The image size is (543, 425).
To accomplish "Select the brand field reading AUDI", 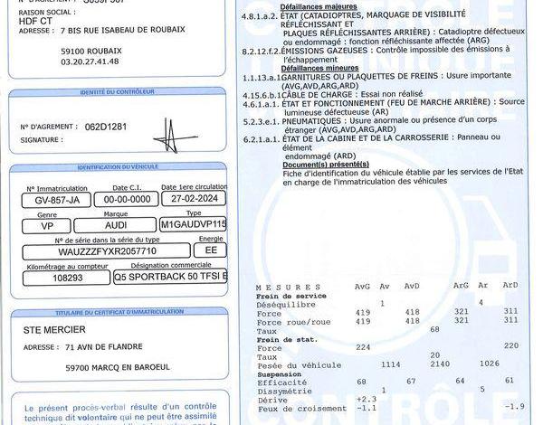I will [x=115, y=224].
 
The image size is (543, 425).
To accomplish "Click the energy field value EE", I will [x=210, y=250].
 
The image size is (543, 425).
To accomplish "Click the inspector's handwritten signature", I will [x=175, y=137].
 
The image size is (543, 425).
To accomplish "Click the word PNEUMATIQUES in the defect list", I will [x=315, y=120].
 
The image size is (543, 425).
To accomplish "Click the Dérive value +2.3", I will [x=367, y=399].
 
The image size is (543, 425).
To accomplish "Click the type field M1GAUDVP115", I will [x=193, y=224].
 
